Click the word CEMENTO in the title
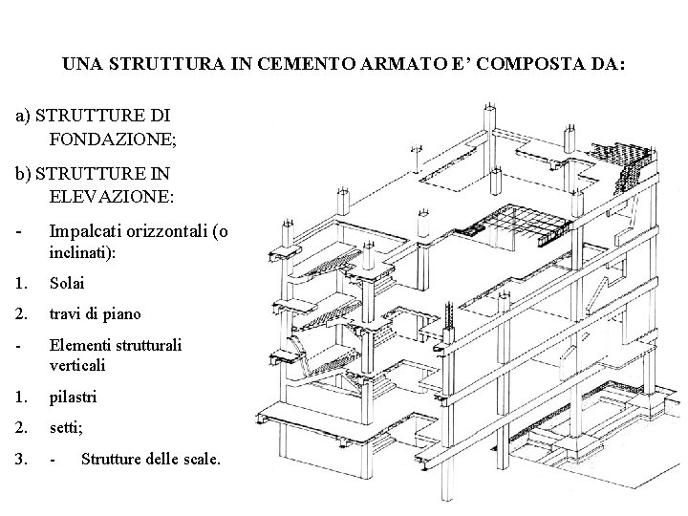(311, 67)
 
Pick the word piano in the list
(121, 314)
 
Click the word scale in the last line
(199, 460)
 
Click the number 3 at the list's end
(21, 460)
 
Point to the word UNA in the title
(78, 67)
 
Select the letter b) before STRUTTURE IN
(23, 175)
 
